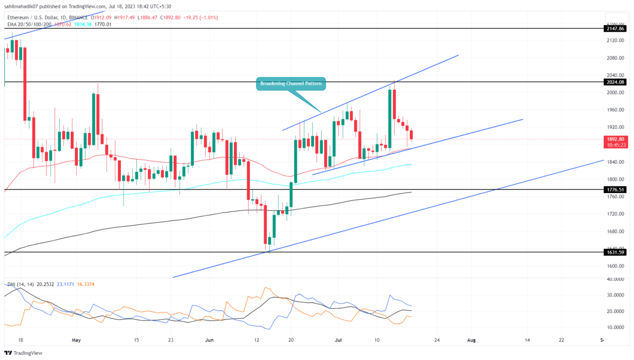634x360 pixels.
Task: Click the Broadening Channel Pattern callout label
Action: tap(291, 84)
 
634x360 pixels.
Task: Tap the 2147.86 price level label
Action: tap(616, 28)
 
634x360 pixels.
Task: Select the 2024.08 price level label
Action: tap(616, 82)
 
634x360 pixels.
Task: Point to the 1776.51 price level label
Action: tap(616, 189)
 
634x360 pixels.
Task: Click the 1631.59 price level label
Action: tap(616, 252)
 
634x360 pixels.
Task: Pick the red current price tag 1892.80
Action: tap(616, 140)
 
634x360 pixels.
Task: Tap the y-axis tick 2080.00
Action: tap(614, 58)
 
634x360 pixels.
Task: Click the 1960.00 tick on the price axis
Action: tap(614, 110)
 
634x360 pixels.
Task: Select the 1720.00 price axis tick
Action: tap(614, 214)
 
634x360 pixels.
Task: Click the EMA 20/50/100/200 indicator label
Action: tap(29, 24)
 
